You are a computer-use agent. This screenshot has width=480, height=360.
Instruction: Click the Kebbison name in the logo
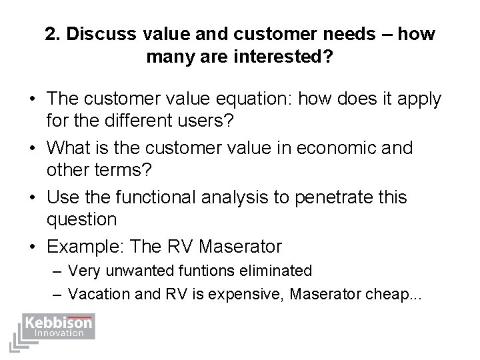(x=59, y=323)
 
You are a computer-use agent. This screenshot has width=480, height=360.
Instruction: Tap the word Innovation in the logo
(x=59, y=333)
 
